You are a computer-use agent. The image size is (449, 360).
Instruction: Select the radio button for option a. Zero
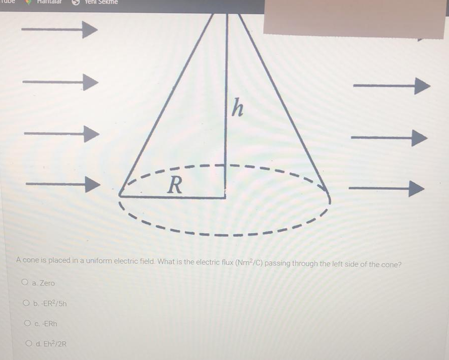click(x=25, y=283)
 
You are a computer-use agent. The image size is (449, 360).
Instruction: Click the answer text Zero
click(x=47, y=283)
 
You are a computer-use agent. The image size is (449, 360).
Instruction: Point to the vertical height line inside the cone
click(x=226, y=111)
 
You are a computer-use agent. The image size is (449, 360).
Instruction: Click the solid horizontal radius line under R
click(x=171, y=197)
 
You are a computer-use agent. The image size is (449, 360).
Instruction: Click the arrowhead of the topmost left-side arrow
click(x=89, y=30)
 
